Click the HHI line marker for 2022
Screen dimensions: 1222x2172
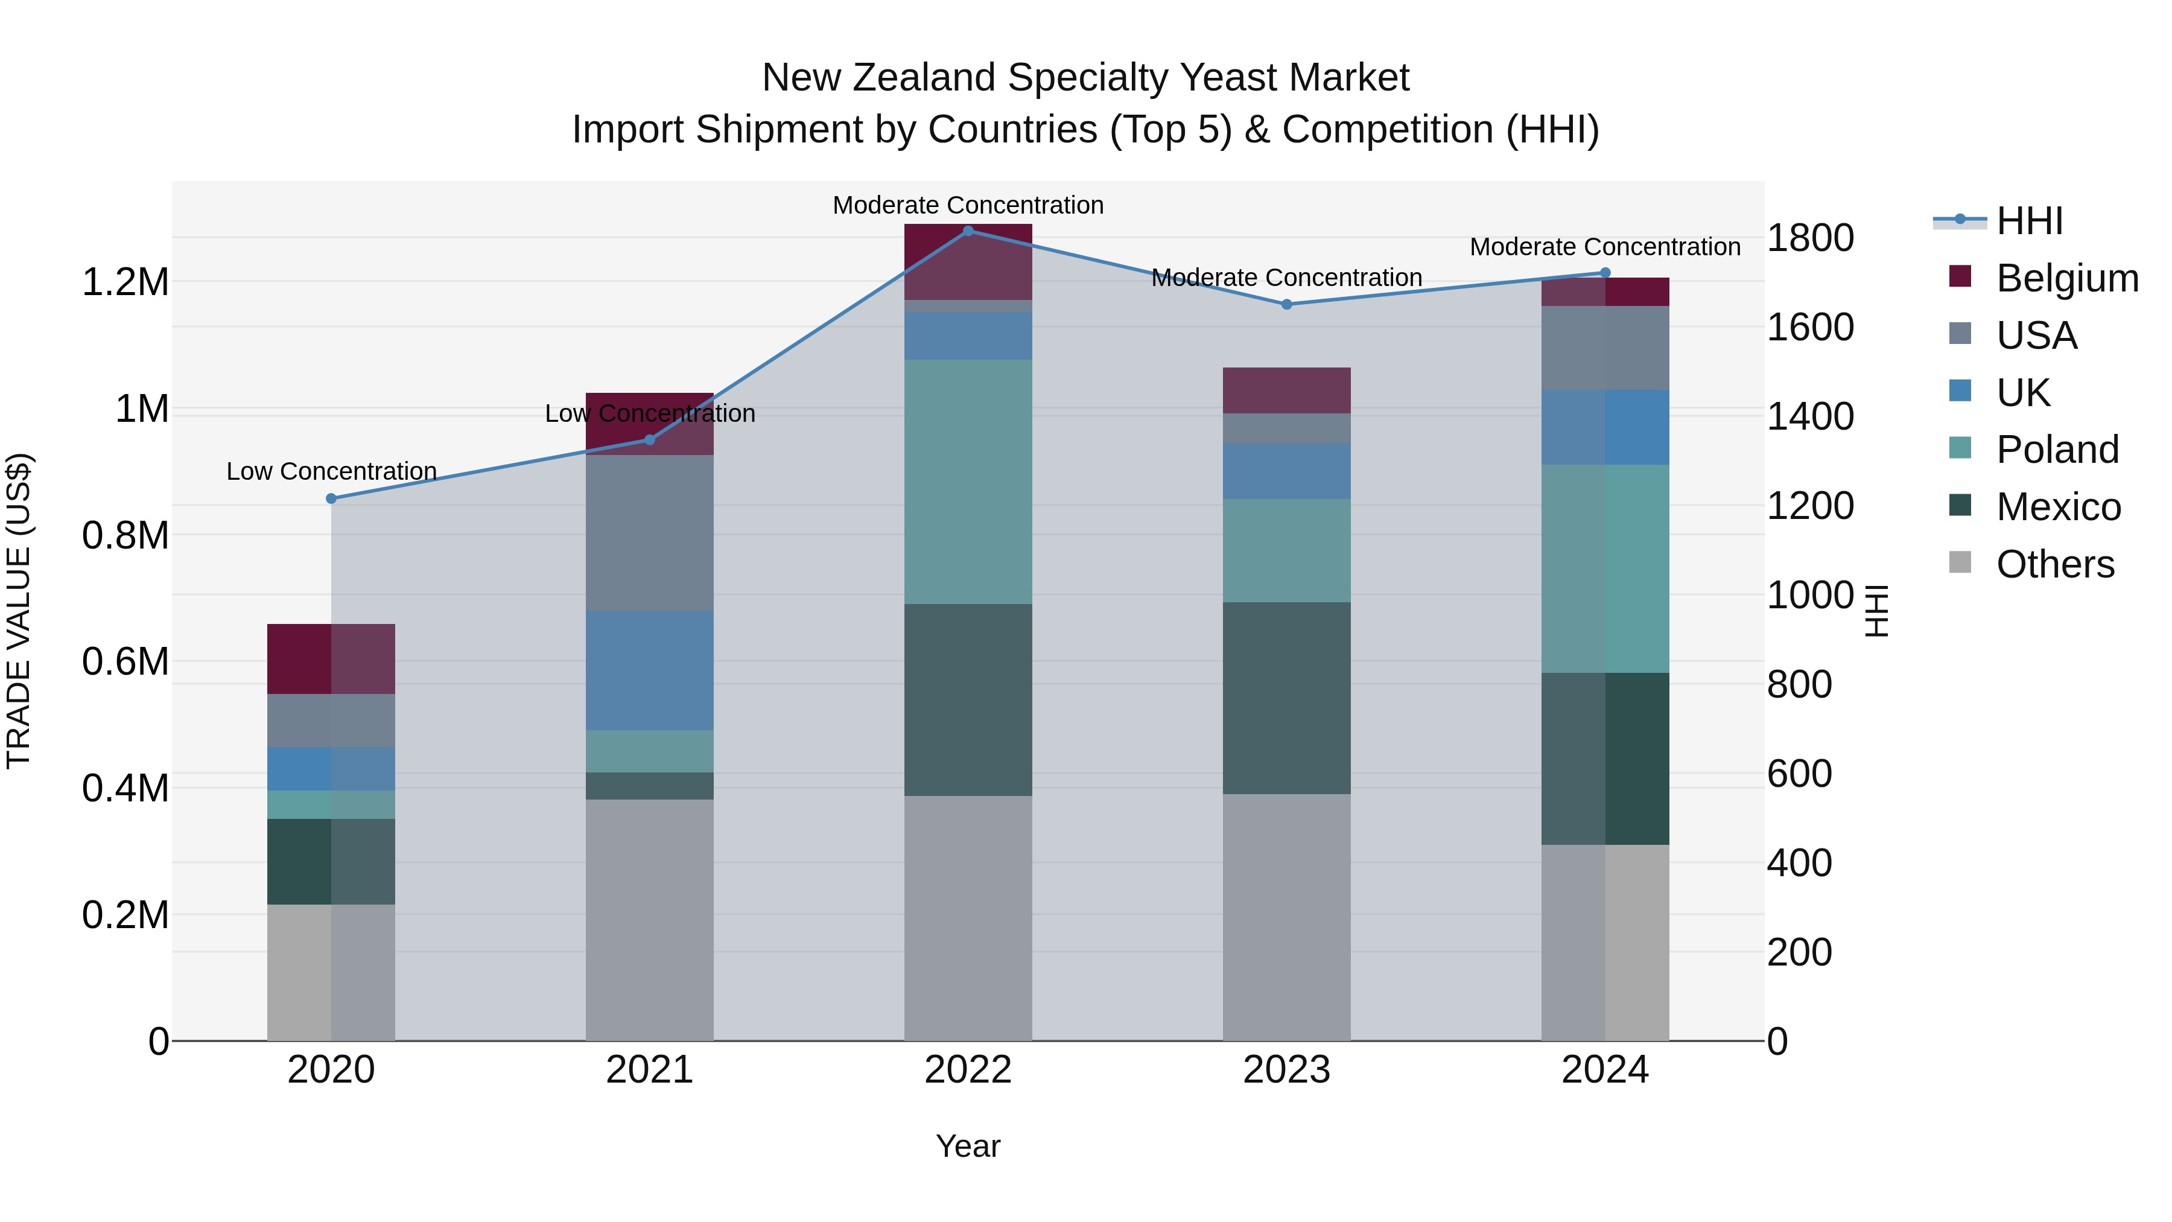(968, 231)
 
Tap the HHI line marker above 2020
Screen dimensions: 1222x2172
(331, 498)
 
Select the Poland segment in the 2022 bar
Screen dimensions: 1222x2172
(968, 482)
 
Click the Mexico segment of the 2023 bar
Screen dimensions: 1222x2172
(1287, 698)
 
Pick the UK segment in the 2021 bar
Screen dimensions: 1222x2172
(649, 670)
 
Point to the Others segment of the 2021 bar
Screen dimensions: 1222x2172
(649, 919)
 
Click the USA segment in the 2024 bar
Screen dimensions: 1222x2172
(1605, 348)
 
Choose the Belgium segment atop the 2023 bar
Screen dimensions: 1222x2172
(1287, 390)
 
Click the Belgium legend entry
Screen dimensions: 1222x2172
(2066, 278)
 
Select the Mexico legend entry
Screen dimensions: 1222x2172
(2057, 507)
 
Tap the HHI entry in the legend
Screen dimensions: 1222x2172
(2028, 221)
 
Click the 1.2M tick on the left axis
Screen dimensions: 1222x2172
(125, 282)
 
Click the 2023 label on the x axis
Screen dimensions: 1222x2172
(1287, 1070)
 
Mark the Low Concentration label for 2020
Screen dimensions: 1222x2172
(331, 471)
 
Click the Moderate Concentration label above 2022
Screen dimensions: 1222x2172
(968, 205)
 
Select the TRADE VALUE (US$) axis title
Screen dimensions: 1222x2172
(19, 611)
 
